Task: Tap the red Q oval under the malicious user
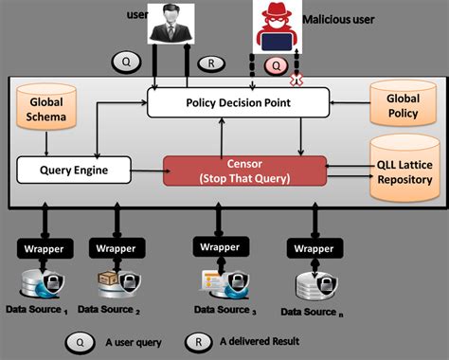(277, 66)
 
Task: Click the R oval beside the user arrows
(210, 64)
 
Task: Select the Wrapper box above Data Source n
(312, 248)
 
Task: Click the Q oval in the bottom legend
(80, 342)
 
